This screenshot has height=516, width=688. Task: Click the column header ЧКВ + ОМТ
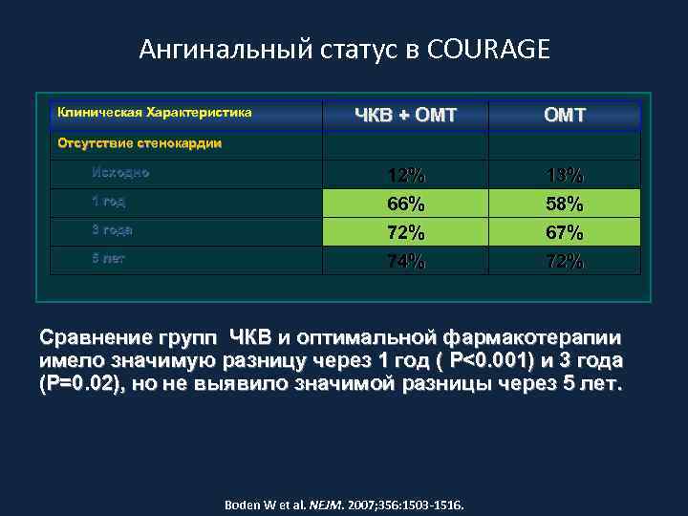(405, 116)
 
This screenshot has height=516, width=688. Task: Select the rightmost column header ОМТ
(565, 116)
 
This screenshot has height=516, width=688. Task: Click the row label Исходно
(120, 173)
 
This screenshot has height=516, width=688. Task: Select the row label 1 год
(108, 202)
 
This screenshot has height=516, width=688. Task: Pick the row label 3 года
(112, 229)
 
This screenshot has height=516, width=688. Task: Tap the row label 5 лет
(108, 258)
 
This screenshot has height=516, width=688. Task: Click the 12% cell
(406, 176)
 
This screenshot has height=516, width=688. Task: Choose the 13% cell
(565, 176)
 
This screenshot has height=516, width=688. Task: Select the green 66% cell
(406, 204)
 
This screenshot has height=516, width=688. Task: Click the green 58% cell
(565, 204)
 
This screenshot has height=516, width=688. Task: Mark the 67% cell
(565, 233)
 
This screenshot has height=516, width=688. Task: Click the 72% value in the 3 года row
(406, 233)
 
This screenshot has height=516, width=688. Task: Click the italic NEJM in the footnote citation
(328, 503)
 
